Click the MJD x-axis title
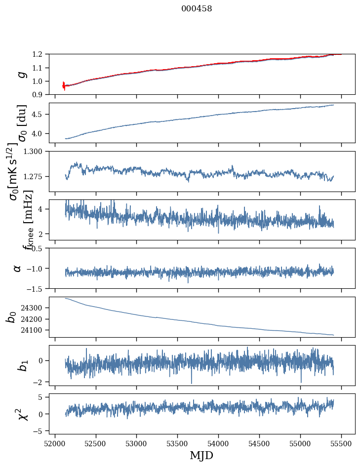pyautogui.click(x=201, y=455)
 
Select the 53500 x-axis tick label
pyautogui.click(x=177, y=443)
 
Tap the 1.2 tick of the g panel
pyautogui.click(x=40, y=54)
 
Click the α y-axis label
pyautogui.click(x=18, y=268)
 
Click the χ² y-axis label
pyautogui.click(x=23, y=414)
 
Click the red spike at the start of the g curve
pyautogui.click(x=64, y=85)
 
